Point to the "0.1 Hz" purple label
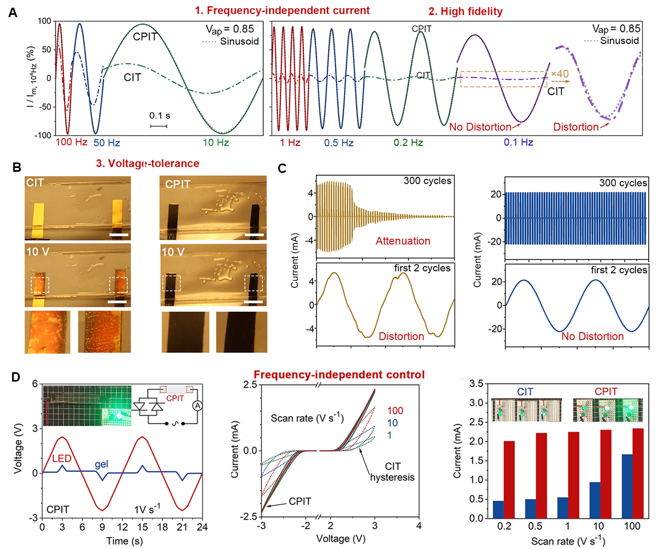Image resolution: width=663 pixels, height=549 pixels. (519, 143)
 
